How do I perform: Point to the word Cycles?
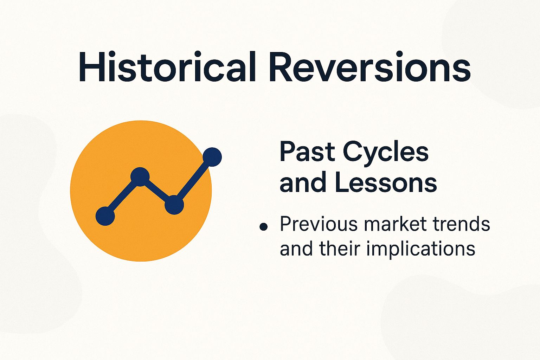point(386,153)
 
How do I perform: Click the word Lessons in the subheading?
point(386,182)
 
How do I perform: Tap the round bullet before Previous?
point(263,227)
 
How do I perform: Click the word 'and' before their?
point(296,249)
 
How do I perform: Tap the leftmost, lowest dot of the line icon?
point(105,216)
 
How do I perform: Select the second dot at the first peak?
point(140,176)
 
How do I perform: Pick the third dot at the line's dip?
point(174,205)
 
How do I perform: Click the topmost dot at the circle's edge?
point(212,157)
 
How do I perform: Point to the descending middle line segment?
point(157,191)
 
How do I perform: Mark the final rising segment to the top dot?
point(193,181)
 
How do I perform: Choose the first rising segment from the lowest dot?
point(123,196)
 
